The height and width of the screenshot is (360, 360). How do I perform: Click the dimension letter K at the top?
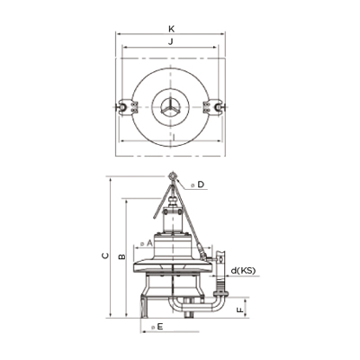coord(171,29)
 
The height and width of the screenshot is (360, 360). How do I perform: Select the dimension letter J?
coord(171,42)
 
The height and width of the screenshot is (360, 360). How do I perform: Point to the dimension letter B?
coord(121,256)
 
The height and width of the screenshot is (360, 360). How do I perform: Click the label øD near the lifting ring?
coord(198,184)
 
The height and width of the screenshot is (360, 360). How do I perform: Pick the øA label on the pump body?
coord(147,243)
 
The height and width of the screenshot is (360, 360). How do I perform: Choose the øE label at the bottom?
coord(157,327)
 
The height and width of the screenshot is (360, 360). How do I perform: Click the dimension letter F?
coord(240,310)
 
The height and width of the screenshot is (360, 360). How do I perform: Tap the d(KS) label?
coord(243,271)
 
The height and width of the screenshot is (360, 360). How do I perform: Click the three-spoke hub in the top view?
coord(170,107)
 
